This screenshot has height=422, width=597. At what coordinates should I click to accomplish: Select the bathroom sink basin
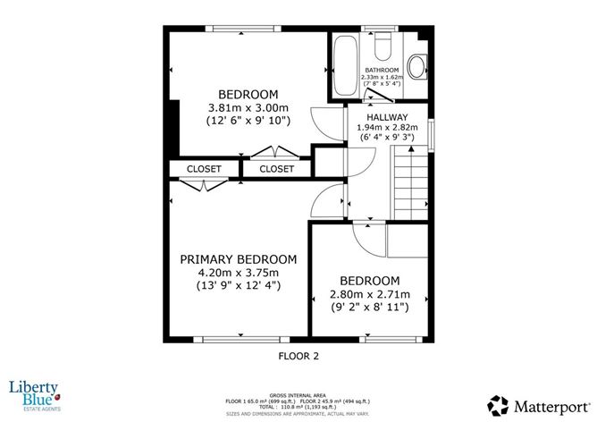[416, 65]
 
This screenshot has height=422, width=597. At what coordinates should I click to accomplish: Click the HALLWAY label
[387, 117]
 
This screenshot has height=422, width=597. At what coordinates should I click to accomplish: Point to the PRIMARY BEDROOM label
[238, 259]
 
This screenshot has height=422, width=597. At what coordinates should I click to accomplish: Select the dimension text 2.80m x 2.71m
[369, 294]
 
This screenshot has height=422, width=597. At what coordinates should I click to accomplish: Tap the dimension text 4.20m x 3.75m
[238, 273]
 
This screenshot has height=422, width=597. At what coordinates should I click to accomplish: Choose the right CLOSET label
[276, 168]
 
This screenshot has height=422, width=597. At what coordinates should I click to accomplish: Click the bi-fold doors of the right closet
[273, 152]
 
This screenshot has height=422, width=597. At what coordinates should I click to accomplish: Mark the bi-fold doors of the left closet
[205, 185]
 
